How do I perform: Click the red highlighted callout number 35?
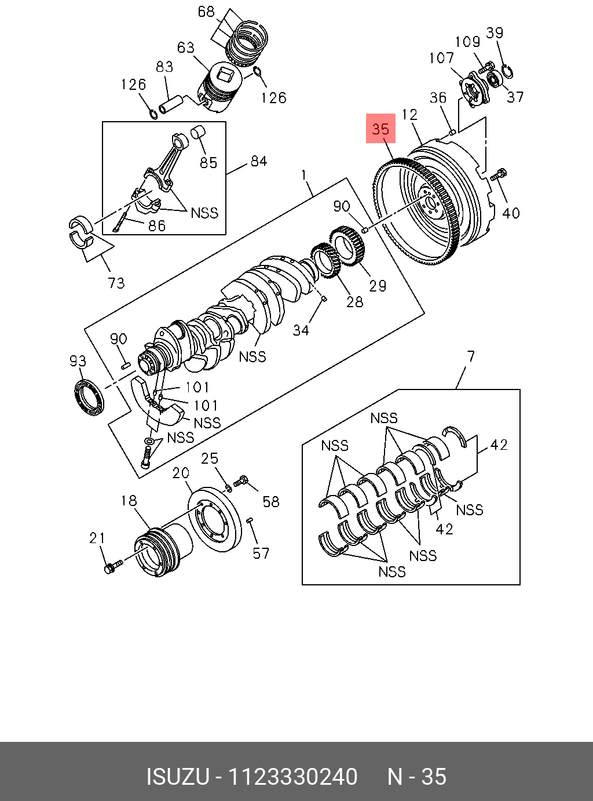[380, 128]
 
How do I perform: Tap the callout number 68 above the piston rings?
[206, 12]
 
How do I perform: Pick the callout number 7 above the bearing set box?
[471, 356]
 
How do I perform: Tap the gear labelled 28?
[327, 260]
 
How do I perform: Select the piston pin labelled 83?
[171, 105]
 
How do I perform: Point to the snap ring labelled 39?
[508, 72]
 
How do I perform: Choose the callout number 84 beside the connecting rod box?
[258, 161]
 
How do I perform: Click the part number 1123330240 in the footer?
[292, 777]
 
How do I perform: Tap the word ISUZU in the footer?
[177, 777]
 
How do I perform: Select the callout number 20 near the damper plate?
[181, 473]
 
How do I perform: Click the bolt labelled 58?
[242, 480]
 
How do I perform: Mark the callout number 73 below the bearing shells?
[116, 282]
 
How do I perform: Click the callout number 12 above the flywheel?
[409, 114]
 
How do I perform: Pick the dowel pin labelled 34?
[324, 298]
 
